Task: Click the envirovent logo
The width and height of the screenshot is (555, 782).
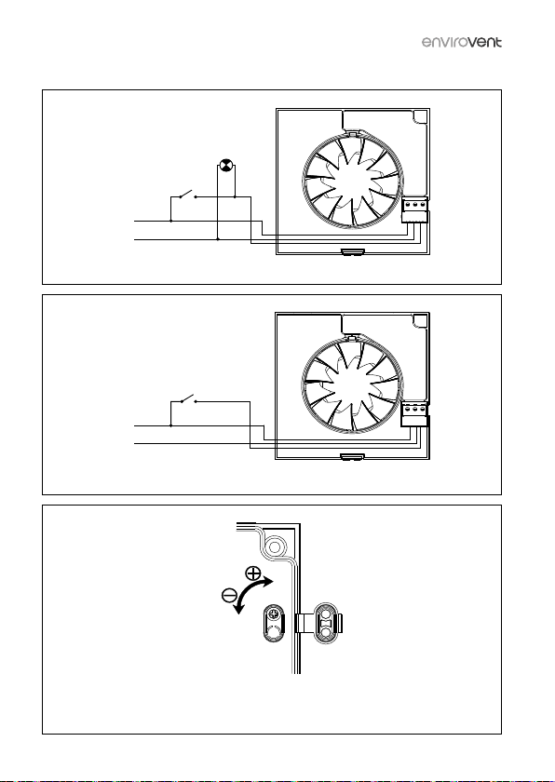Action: coord(462,42)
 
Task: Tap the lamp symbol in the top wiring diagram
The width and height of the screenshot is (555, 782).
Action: coord(226,166)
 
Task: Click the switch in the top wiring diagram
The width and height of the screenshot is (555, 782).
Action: coord(187,194)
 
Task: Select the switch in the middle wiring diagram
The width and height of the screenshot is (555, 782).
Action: coord(187,398)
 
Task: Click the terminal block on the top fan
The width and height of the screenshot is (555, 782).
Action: coord(415,210)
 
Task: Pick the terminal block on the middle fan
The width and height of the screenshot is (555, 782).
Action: coord(414,415)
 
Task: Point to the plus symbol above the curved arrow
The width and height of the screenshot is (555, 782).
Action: coord(253,573)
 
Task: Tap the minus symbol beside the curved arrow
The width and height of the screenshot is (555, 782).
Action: coord(229,595)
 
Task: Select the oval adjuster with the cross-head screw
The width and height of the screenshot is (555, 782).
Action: coord(274,625)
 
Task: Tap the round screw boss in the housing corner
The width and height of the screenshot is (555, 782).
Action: coord(274,547)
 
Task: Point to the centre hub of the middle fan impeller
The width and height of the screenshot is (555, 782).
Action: coord(353,386)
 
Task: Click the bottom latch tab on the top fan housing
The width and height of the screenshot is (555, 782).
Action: coord(353,252)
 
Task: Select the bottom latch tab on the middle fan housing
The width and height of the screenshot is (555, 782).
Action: coord(353,456)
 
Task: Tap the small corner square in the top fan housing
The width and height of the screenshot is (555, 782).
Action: coord(421,116)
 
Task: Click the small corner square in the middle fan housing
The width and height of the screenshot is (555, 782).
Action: coord(421,320)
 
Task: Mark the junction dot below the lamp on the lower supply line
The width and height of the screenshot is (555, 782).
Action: coord(218,239)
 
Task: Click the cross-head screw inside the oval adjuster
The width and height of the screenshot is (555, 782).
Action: coord(273,614)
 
